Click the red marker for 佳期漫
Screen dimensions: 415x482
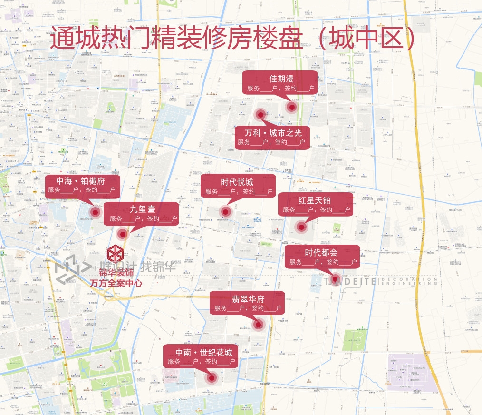pos(291,106)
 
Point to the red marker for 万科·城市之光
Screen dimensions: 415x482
pos(260,114)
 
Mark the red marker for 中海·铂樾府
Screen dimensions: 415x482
pos(95,212)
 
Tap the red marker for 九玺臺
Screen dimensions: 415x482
pos(123,234)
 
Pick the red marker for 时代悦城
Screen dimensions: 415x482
pos(225,212)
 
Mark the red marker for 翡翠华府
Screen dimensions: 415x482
pos(259,325)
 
